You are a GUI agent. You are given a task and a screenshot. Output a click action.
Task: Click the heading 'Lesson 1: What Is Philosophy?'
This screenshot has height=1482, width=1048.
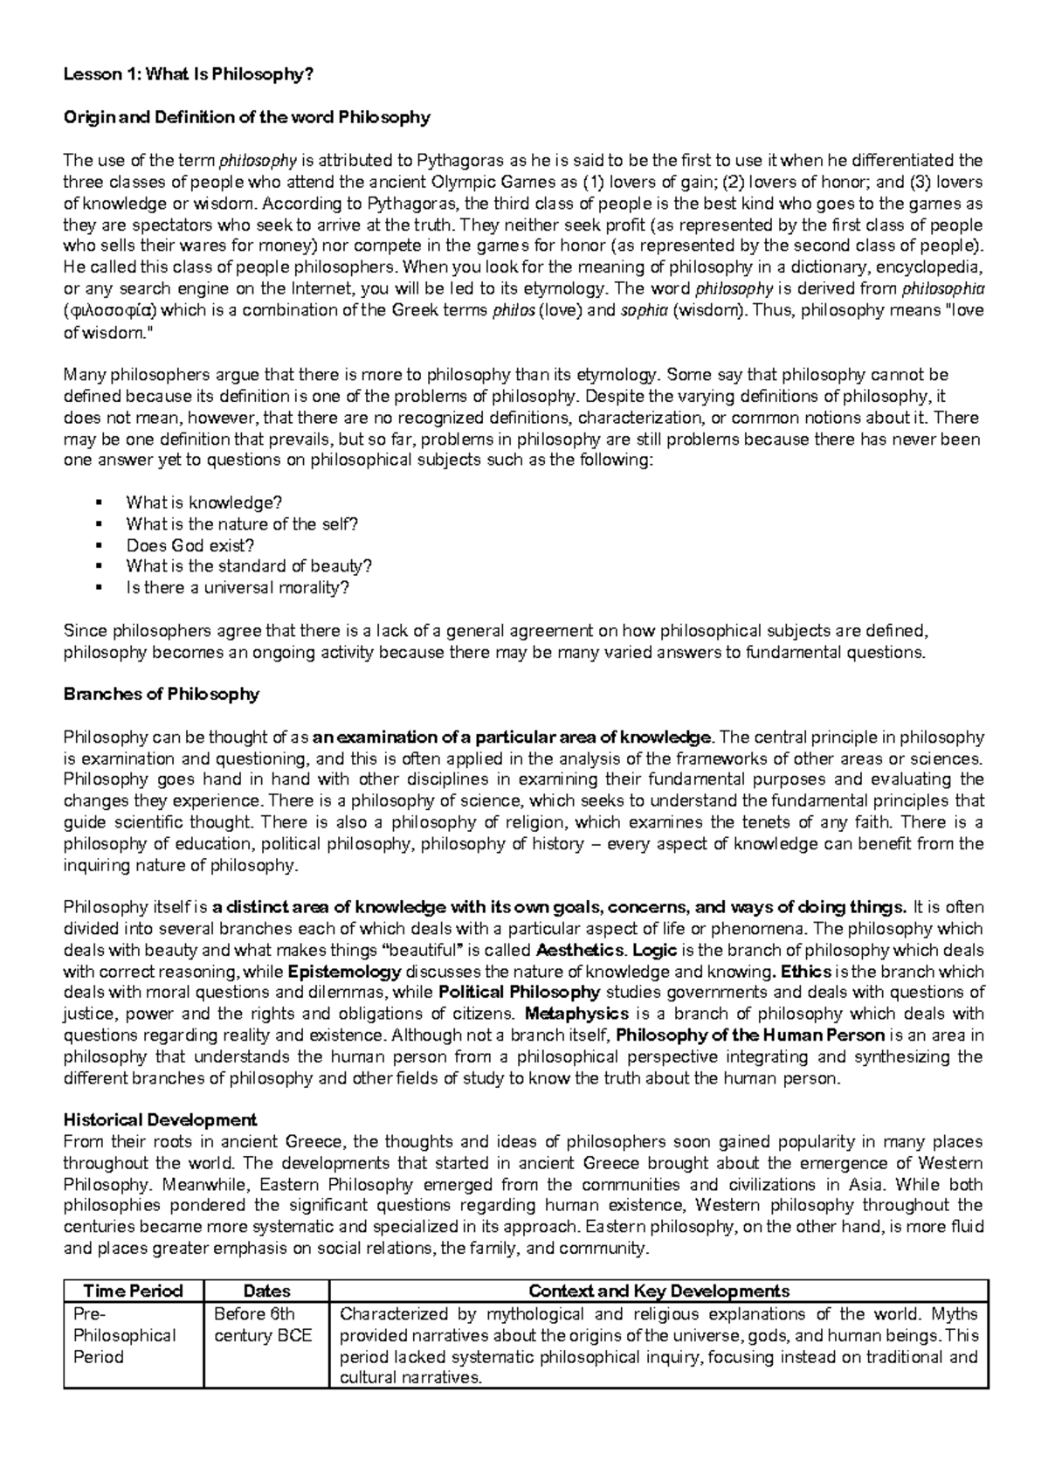(188, 75)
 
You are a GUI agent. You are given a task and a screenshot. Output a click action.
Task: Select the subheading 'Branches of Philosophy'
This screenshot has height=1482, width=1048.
(162, 695)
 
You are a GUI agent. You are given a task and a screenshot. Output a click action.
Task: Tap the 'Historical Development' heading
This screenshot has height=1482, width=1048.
(160, 1120)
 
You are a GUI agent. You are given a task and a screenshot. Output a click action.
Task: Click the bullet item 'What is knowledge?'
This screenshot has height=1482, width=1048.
(204, 502)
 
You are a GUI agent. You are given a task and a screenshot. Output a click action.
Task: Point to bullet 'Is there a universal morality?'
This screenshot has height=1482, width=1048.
(238, 588)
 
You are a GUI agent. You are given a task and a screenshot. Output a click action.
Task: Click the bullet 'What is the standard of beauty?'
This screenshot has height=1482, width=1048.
(249, 566)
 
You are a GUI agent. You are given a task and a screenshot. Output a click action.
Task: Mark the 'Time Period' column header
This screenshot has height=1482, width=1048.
(133, 1292)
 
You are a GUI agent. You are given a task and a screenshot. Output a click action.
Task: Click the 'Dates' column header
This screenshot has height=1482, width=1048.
(266, 1292)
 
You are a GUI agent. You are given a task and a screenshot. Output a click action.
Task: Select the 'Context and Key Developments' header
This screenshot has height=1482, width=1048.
(658, 1292)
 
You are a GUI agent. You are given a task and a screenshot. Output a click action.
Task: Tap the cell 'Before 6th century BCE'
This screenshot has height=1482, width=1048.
(263, 1325)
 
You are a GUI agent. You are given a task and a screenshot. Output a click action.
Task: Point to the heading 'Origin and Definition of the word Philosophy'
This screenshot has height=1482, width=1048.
(247, 117)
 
